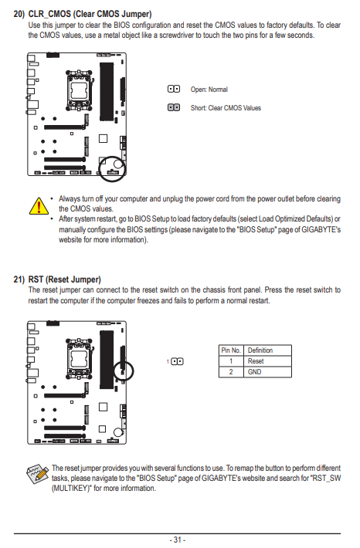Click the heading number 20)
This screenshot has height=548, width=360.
coord(19,14)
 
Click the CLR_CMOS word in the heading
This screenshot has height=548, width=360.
coord(49,14)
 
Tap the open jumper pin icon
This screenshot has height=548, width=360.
coord(174,89)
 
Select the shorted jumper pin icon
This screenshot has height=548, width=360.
coord(174,107)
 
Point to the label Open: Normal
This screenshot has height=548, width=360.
coord(209,90)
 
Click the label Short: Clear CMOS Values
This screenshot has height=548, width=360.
coord(226,108)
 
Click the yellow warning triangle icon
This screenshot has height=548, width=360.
coord(39,206)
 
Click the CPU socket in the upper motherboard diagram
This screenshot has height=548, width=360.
coord(80,90)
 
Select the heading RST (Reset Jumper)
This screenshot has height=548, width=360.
coord(64,279)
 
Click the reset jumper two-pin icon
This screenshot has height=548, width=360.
coord(177,361)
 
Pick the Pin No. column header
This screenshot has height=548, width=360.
coord(231,350)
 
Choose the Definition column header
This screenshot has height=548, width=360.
coord(260,350)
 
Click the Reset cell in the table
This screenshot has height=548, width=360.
coord(256,361)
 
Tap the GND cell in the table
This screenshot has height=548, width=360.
coord(254,372)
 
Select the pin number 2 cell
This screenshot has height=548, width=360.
coord(231,372)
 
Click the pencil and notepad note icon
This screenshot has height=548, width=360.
coord(37,474)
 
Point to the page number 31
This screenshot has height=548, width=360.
coord(178,540)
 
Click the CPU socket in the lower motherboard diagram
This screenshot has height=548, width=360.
coord(80,359)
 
